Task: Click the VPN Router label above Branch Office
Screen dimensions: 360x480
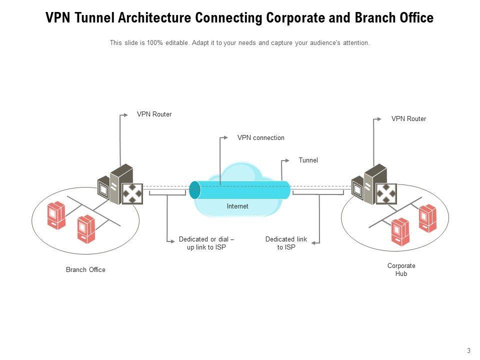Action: pyautogui.click(x=154, y=114)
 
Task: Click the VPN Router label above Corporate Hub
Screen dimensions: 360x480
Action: pyautogui.click(x=408, y=119)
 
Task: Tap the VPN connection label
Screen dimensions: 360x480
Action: pyautogui.click(x=260, y=138)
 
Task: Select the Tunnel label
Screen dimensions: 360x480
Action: pyautogui.click(x=308, y=160)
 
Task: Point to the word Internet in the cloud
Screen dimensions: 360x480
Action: pyautogui.click(x=237, y=206)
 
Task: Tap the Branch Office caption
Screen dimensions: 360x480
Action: pyautogui.click(x=85, y=270)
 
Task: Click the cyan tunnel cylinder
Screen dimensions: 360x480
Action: pyautogui.click(x=245, y=190)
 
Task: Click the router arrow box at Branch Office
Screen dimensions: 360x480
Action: pyautogui.click(x=133, y=194)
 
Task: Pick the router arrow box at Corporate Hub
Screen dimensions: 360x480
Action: pyautogui.click(x=386, y=194)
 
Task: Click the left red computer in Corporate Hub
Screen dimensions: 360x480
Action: pyautogui.click(x=400, y=232)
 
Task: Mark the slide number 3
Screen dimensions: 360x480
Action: pyautogui.click(x=468, y=350)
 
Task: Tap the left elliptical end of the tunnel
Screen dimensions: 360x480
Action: pyautogui.click(x=195, y=190)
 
